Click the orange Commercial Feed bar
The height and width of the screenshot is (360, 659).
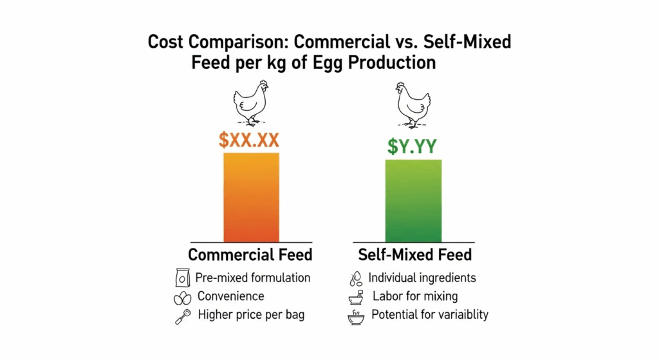[251, 197]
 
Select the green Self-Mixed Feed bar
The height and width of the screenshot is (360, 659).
[413, 200]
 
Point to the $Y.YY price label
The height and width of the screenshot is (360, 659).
[413, 146]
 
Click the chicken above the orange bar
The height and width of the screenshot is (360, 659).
[250, 102]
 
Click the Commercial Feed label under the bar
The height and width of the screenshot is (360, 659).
[250, 254]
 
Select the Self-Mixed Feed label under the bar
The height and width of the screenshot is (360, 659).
[414, 254]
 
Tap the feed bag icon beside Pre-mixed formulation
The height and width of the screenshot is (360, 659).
[182, 278]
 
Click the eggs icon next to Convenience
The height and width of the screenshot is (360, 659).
[182, 298]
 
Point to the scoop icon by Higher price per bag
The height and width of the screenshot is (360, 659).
[182, 316]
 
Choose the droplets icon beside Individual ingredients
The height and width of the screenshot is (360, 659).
[355, 278]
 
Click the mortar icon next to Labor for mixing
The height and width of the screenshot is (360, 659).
[355, 298]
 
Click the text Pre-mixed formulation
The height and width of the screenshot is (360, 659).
[253, 278]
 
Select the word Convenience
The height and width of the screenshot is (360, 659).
[230, 297]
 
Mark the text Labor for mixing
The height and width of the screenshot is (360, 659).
[415, 297]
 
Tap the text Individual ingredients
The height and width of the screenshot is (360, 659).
[422, 278]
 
